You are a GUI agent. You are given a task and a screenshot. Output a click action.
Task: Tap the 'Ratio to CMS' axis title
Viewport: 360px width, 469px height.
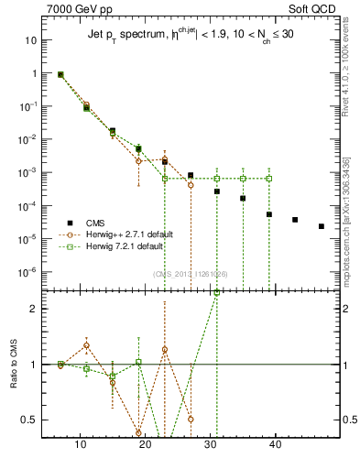pos(12,381)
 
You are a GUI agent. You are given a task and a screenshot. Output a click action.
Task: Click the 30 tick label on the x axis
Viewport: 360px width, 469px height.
pos(210,446)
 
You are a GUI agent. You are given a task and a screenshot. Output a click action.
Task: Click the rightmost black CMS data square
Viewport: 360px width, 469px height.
pos(321,226)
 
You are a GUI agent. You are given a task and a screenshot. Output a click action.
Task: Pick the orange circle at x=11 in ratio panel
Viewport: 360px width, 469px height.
pos(87,345)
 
